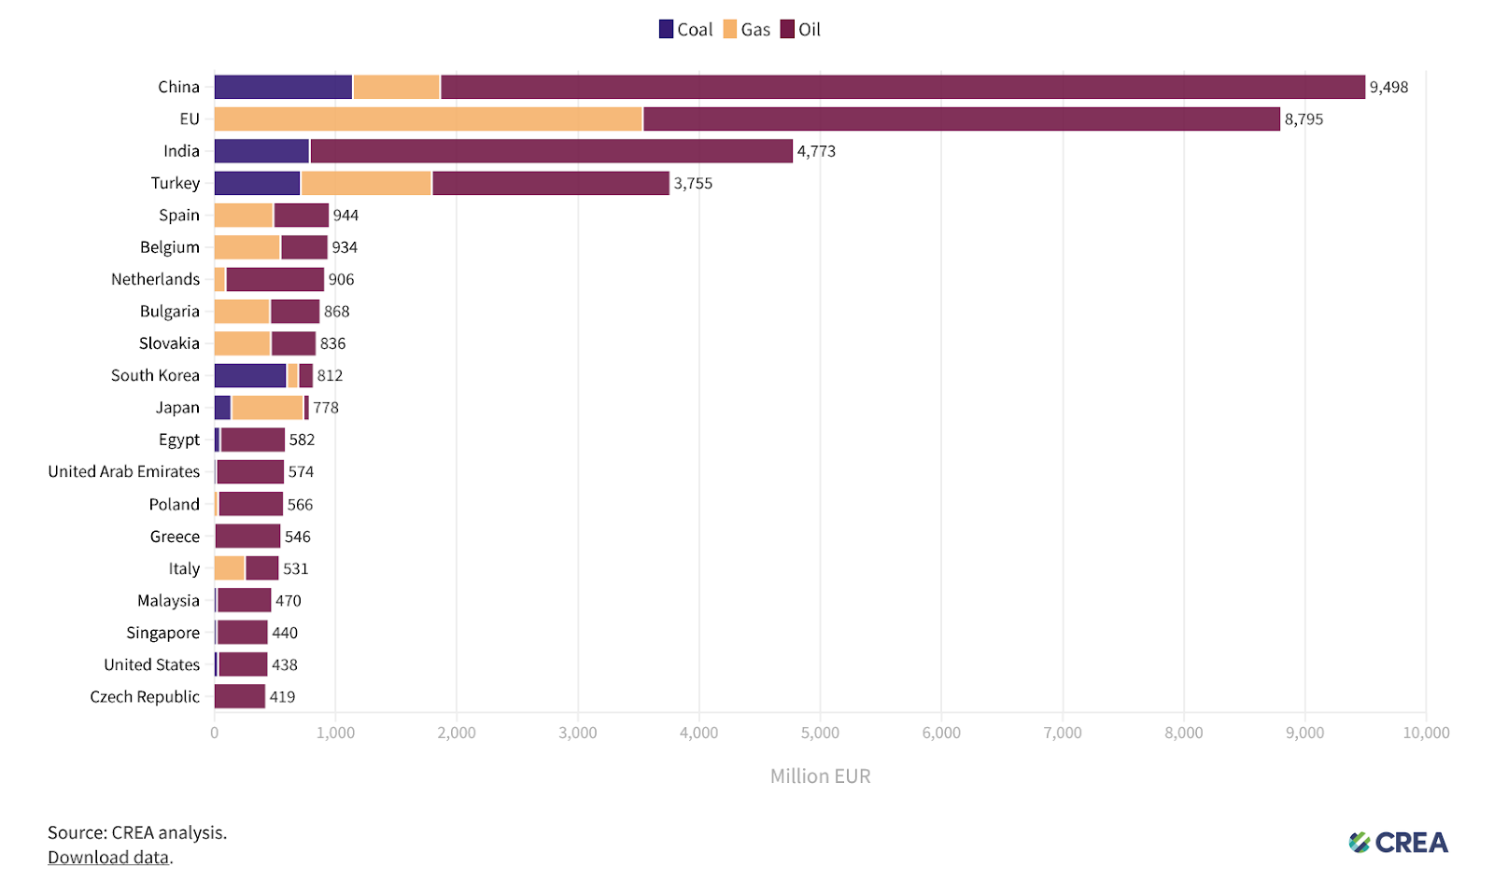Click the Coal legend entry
point(686,30)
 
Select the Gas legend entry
point(747,30)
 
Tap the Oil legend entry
point(801,30)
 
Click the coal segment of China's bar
point(283,87)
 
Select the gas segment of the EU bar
point(428,119)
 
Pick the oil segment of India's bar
point(551,151)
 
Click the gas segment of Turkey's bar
point(366,183)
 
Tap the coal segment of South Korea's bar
point(250,375)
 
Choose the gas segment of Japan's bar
point(267,408)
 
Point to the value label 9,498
point(1388,88)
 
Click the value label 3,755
point(693,184)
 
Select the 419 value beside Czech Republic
point(282,697)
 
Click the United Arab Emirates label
point(124,472)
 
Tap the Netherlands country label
point(155,280)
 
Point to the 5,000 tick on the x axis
point(820,733)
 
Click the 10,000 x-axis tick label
point(1426,733)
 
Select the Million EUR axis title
point(820,776)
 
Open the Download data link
point(108,858)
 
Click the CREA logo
point(1398,843)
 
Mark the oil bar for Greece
point(247,537)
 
